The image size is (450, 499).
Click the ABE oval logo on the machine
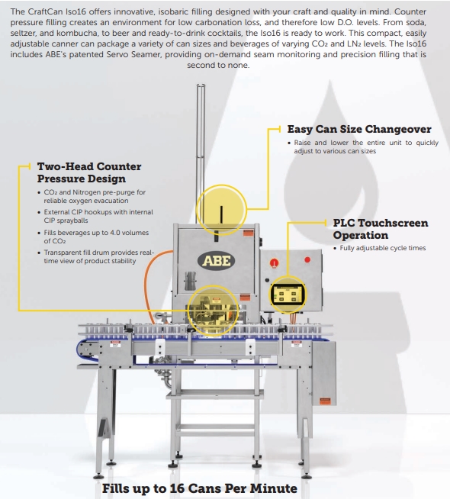pyautogui.click(x=217, y=261)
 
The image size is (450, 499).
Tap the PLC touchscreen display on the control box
pyautogui.click(x=288, y=295)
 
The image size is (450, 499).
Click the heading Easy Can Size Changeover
pyautogui.click(x=359, y=129)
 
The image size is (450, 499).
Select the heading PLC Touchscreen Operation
pyautogui.click(x=381, y=229)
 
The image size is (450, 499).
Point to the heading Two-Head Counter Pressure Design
pyautogui.click(x=89, y=172)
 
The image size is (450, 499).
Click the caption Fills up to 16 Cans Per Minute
pyautogui.click(x=199, y=488)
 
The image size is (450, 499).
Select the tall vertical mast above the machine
pyautogui.click(x=201, y=153)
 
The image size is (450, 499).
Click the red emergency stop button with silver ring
pyautogui.click(x=274, y=263)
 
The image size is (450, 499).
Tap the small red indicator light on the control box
pyautogui.click(x=307, y=259)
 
